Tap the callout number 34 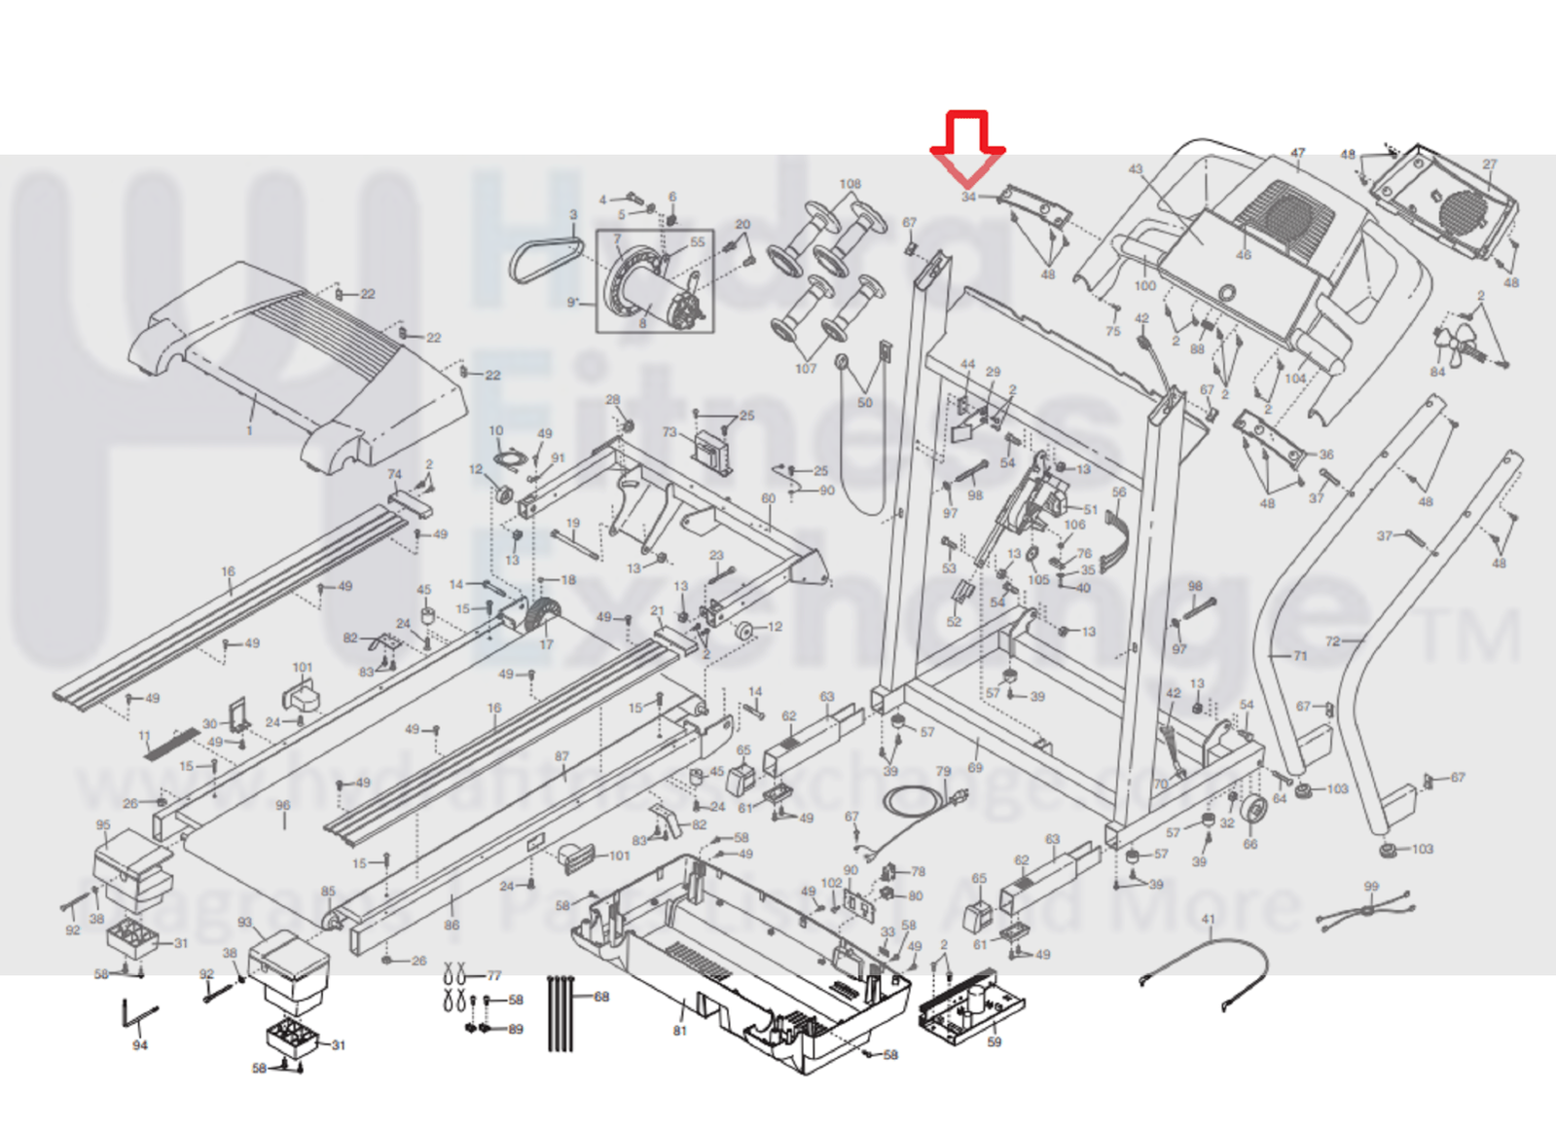pyautogui.click(x=968, y=197)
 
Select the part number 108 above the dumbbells pyautogui.click(x=850, y=184)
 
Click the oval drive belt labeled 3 pyautogui.click(x=545, y=259)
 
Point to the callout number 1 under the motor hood pyautogui.click(x=250, y=430)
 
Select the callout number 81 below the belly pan pyautogui.click(x=679, y=1031)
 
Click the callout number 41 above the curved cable pyautogui.click(x=1209, y=920)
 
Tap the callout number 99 pyautogui.click(x=1371, y=887)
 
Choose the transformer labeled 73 pyautogui.click(x=712, y=452)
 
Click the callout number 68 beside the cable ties pyautogui.click(x=601, y=997)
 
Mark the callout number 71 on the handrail pyautogui.click(x=1300, y=656)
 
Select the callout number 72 pyautogui.click(x=1332, y=641)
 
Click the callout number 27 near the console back pyautogui.click(x=1490, y=164)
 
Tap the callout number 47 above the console pyautogui.click(x=1297, y=154)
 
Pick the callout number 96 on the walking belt pyautogui.click(x=283, y=806)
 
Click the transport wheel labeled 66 pyautogui.click(x=1253, y=809)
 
